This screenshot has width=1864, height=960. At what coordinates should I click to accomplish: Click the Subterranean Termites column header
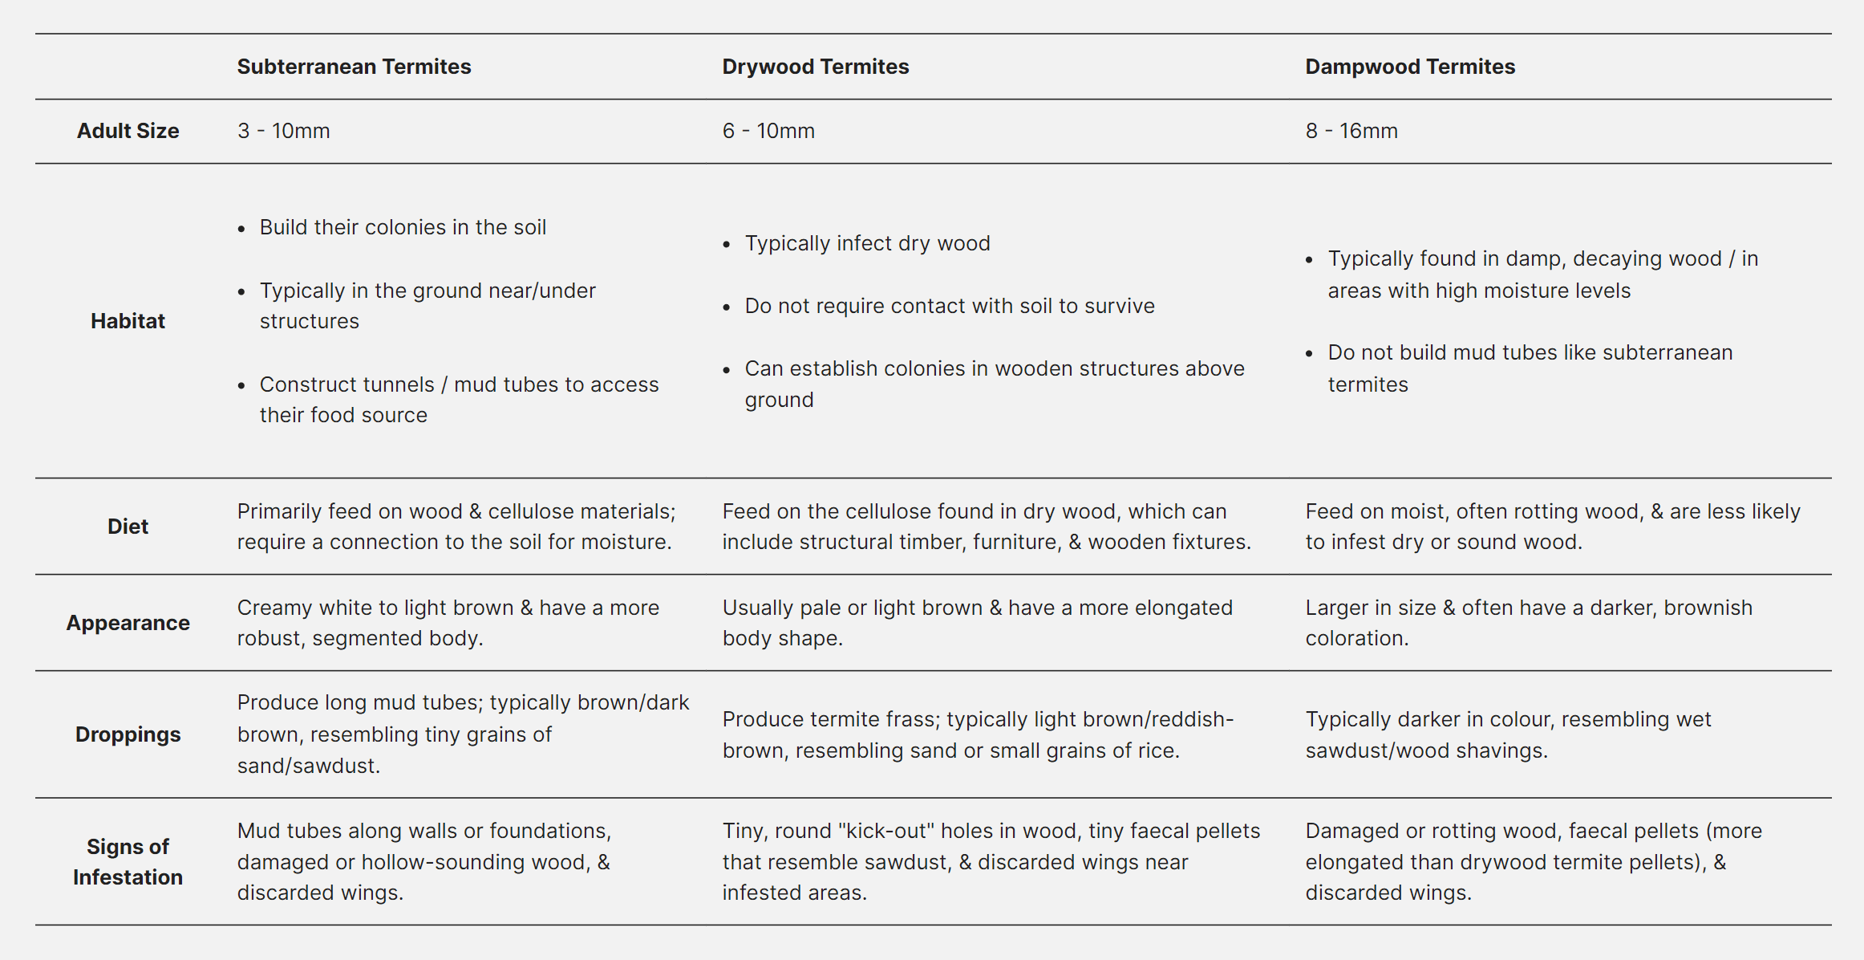pos(354,67)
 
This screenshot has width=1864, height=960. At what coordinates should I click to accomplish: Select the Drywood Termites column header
pos(815,67)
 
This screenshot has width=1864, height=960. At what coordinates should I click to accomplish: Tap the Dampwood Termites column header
pos(1409,67)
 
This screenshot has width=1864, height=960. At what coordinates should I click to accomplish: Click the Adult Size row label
pos(128,131)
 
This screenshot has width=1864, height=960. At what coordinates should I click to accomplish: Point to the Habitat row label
pos(128,321)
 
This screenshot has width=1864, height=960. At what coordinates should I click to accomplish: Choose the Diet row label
pos(128,527)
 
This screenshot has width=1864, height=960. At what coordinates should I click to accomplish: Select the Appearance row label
pos(128,623)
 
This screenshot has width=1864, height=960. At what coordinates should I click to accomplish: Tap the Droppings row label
pos(128,734)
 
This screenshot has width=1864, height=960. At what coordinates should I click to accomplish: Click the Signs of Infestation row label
pos(128,861)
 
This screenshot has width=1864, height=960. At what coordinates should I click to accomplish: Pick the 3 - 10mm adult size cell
pos(283,131)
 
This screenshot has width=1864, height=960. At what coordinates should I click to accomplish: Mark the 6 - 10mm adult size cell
pos(768,131)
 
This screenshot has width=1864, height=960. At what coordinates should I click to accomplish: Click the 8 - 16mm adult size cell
pos(1351,131)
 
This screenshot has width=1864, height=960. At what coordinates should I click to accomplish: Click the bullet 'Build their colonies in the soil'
pos(403,227)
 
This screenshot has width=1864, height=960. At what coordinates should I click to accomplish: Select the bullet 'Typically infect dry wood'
pos(867,243)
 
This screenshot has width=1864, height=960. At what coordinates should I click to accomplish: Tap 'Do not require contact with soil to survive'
pos(949,306)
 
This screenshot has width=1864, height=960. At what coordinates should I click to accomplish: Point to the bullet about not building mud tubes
pos(1529,368)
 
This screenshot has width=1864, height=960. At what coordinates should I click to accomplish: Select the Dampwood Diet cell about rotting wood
pos(1552,527)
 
